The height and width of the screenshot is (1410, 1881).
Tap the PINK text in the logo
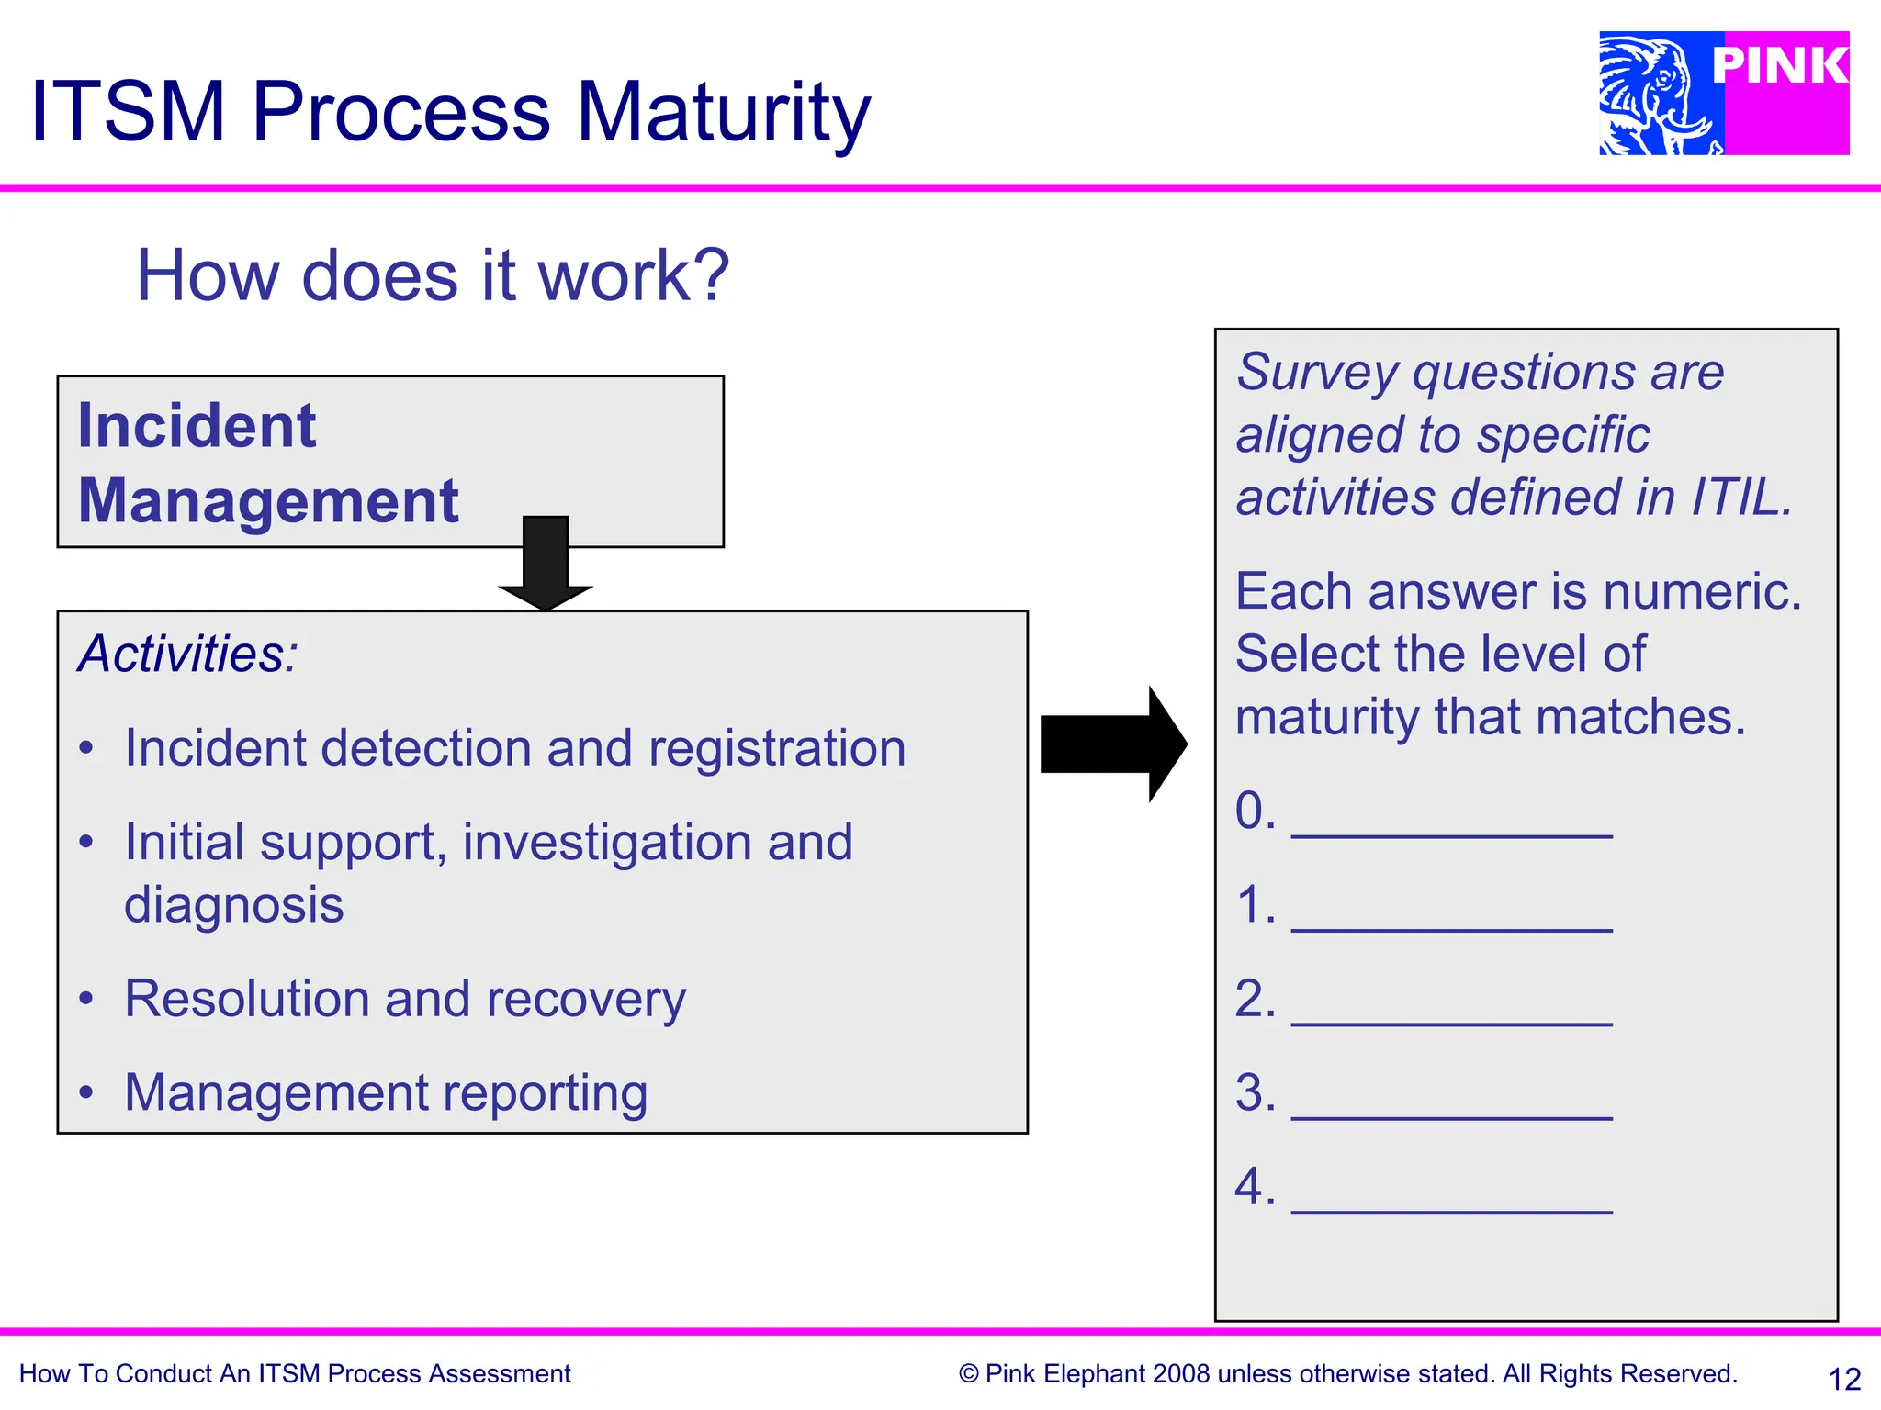tap(1780, 66)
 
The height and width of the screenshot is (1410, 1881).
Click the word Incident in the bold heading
tap(197, 427)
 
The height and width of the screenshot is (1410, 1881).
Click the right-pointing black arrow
tap(1113, 744)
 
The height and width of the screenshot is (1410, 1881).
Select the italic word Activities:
tap(188, 655)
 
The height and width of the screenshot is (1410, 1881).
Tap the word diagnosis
tap(234, 905)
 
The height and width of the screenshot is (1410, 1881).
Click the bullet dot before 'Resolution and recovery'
tap(86, 999)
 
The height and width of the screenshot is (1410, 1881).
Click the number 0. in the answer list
tap(1255, 811)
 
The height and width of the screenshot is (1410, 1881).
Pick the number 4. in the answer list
tap(1255, 1187)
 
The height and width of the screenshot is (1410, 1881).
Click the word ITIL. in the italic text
tap(1741, 498)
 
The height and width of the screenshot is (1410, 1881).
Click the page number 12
tap(1844, 1379)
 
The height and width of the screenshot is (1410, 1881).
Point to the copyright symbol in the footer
tap(968, 1374)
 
